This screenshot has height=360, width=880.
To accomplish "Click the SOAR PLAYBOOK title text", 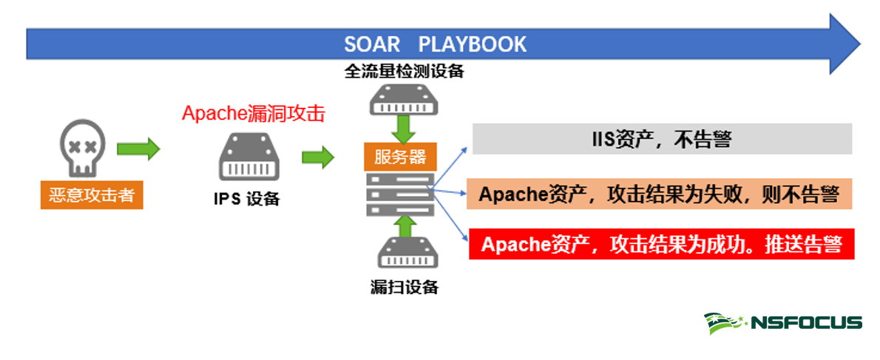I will (x=435, y=44).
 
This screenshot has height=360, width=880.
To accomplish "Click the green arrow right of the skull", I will (x=139, y=149).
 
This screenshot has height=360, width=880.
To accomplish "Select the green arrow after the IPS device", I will (x=318, y=157).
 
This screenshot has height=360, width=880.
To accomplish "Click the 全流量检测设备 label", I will (x=404, y=72).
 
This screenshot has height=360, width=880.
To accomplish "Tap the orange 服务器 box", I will (x=400, y=157).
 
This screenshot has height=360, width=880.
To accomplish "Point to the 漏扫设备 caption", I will (x=405, y=287).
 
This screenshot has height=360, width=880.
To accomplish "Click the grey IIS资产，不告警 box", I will (x=662, y=139).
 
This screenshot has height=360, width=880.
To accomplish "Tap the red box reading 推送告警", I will (x=661, y=244).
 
